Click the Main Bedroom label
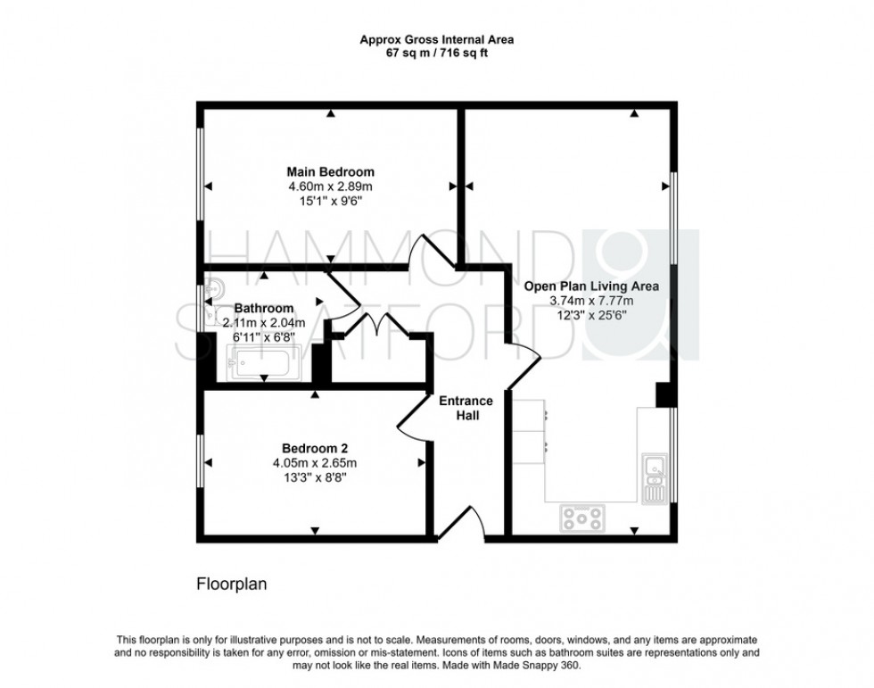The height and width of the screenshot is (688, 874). coord(330,171)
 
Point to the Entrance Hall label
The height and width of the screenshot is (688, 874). coord(466,408)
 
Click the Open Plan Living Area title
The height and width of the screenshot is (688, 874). coord(590,286)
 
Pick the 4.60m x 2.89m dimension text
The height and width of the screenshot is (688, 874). coord(330,187)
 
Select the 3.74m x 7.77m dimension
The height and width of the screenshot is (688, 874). coord(590,302)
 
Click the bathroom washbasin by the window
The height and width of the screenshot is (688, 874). coord(210,289)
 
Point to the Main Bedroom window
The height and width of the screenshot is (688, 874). coord(200,187)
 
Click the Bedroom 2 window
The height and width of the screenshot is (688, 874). coord(200,462)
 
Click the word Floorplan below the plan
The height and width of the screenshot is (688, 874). coord(231,585)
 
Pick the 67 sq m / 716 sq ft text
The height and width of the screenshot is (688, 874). coord(436,53)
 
